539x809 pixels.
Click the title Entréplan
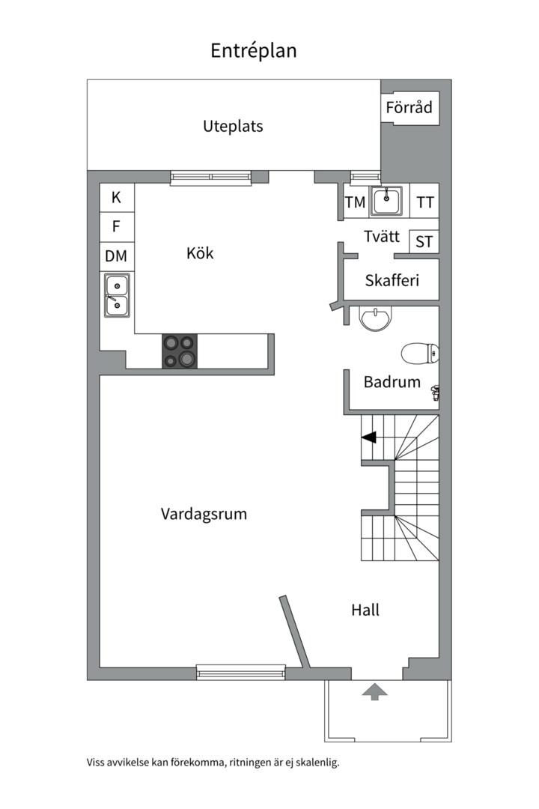[253, 51]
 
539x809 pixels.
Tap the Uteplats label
[233, 127]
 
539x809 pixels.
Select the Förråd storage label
[409, 107]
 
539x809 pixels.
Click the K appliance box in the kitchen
[117, 197]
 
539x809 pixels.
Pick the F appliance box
[117, 226]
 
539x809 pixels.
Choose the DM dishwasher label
[117, 256]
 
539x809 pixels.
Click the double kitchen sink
[117, 295]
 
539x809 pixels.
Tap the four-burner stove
[180, 351]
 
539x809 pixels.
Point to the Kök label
[200, 253]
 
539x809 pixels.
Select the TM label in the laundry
[355, 202]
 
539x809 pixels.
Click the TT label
[425, 203]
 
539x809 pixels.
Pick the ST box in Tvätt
[424, 241]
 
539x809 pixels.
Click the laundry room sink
[387, 201]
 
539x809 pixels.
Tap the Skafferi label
[392, 281]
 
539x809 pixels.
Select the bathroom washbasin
[376, 318]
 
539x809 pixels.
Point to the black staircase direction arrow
[368, 437]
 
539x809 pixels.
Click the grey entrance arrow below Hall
[374, 692]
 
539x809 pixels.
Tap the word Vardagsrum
[204, 514]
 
